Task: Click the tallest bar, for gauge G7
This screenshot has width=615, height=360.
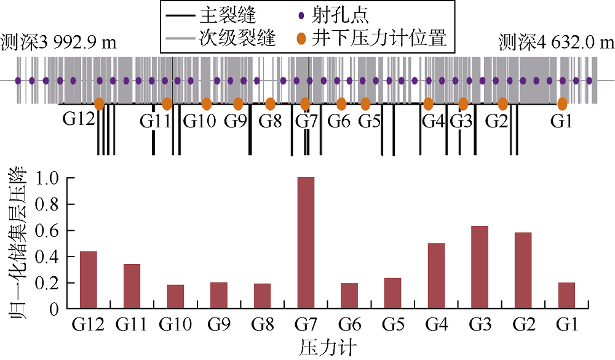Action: [306, 242]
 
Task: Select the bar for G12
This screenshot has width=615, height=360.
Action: [89, 279]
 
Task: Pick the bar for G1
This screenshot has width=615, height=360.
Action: [566, 295]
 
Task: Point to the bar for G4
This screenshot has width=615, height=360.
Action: [436, 276]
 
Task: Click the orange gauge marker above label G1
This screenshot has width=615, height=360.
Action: [562, 103]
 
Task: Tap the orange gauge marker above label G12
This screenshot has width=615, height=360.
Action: [99, 103]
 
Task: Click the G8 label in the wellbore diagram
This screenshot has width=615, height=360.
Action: [270, 121]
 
